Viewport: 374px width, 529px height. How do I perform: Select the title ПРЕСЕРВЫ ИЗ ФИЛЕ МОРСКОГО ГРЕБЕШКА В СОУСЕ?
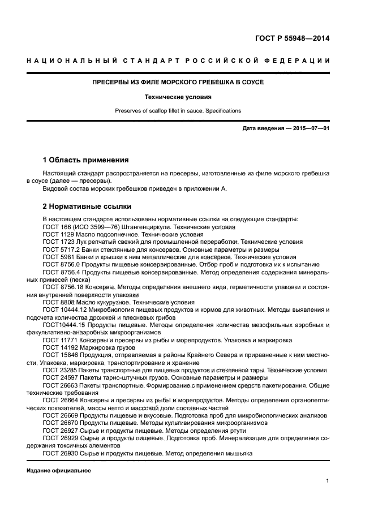tap(178, 82)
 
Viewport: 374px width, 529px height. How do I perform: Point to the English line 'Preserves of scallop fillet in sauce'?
tap(178, 111)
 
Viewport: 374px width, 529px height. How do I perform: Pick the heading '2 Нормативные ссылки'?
tap(87, 207)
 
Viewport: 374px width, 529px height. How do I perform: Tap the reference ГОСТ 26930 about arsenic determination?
tap(147, 453)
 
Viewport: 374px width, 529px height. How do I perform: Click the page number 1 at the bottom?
tap(328, 481)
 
